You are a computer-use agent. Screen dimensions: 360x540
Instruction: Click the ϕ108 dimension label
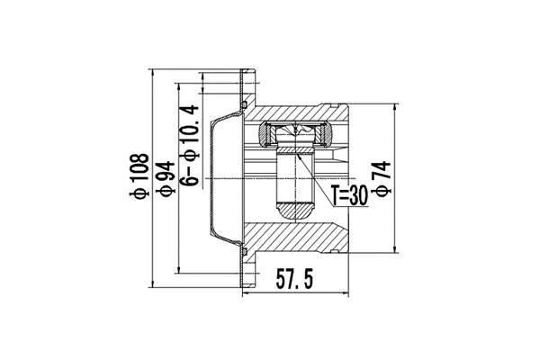pyautogui.click(x=138, y=178)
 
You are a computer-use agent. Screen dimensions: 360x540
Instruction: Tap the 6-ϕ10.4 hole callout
pyautogui.click(x=190, y=145)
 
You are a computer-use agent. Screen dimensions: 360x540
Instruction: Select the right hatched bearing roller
pyautogui.click(x=323, y=136)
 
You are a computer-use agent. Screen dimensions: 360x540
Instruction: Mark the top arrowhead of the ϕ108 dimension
pyautogui.click(x=155, y=72)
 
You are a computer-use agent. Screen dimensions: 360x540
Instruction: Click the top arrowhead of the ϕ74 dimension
pyautogui.click(x=395, y=106)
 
